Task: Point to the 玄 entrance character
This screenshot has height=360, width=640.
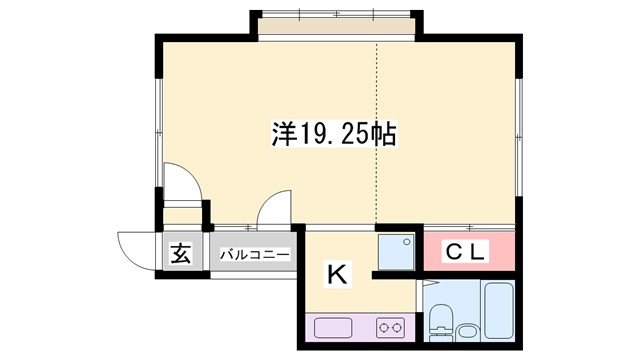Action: point(179,254)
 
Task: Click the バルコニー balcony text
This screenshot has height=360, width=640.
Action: point(255,254)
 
